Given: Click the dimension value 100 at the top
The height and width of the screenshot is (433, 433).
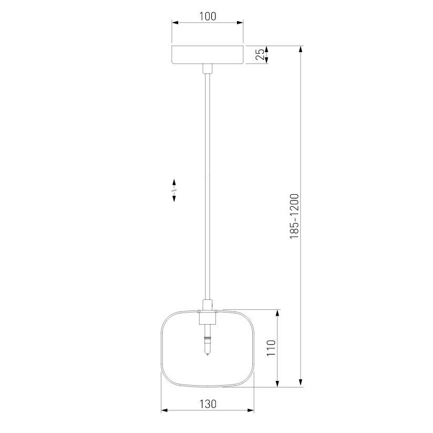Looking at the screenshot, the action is (x=208, y=16).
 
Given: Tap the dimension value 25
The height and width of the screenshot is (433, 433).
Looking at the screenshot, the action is (x=260, y=55).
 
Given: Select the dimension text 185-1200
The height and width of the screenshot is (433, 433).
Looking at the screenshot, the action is (x=294, y=216).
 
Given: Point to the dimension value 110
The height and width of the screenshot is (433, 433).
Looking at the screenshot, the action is (x=271, y=348).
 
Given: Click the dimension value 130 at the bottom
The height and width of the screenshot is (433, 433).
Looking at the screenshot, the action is (x=208, y=404).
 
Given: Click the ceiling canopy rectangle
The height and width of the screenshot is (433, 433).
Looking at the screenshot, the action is (x=208, y=55).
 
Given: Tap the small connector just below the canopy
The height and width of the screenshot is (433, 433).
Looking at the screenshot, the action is (x=208, y=68).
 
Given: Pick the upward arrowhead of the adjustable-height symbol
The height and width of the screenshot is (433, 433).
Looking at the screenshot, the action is (x=174, y=183).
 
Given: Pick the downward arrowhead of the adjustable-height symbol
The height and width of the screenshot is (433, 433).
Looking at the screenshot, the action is (x=174, y=198).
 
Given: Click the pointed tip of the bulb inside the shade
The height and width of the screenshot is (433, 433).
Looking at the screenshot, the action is (x=208, y=354).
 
